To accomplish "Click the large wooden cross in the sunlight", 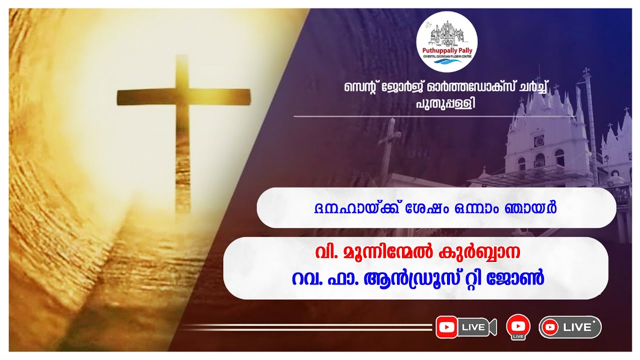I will pos(182,130).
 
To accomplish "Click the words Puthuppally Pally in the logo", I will pos(446,50).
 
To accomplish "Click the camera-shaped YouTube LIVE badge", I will pos(465,327).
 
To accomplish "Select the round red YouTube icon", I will pos(518,326).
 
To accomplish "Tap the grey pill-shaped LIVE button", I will pos(570,327).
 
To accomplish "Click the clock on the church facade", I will pos(539,141).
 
